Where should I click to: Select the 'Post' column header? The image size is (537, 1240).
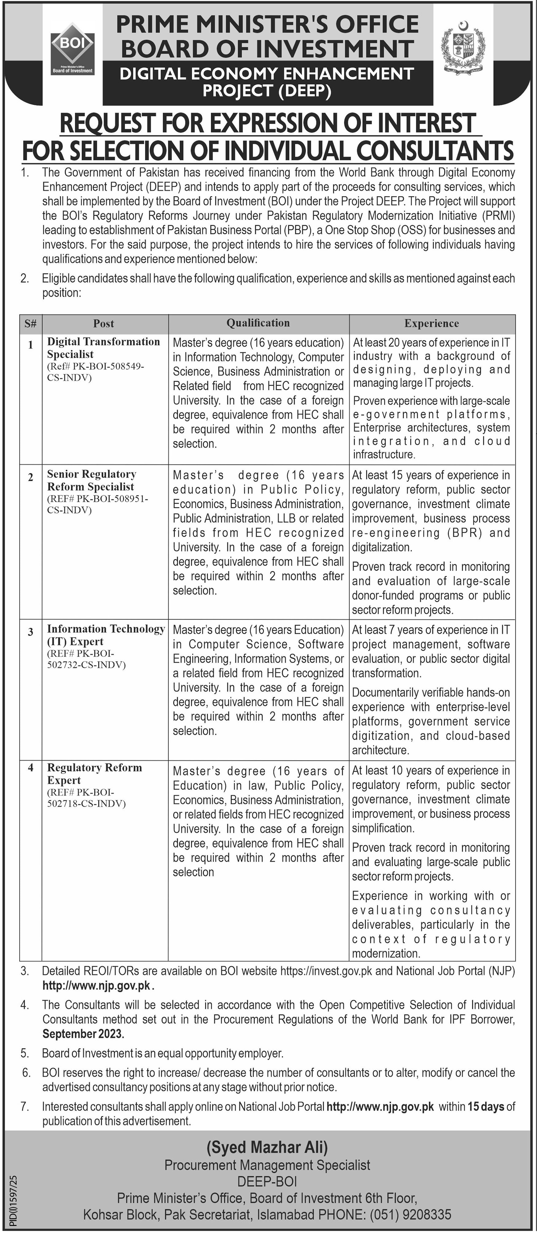click(x=104, y=323)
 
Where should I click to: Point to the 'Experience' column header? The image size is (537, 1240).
click(x=432, y=323)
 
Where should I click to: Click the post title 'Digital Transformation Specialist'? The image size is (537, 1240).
click(x=103, y=348)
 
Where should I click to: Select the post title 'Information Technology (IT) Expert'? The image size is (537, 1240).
click(x=105, y=635)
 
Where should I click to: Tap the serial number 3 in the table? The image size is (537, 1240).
click(x=30, y=632)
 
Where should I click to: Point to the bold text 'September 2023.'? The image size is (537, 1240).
click(x=83, y=1034)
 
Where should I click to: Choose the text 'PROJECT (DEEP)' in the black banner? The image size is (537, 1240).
click(x=267, y=90)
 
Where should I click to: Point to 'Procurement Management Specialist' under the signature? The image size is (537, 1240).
click(x=267, y=1165)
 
